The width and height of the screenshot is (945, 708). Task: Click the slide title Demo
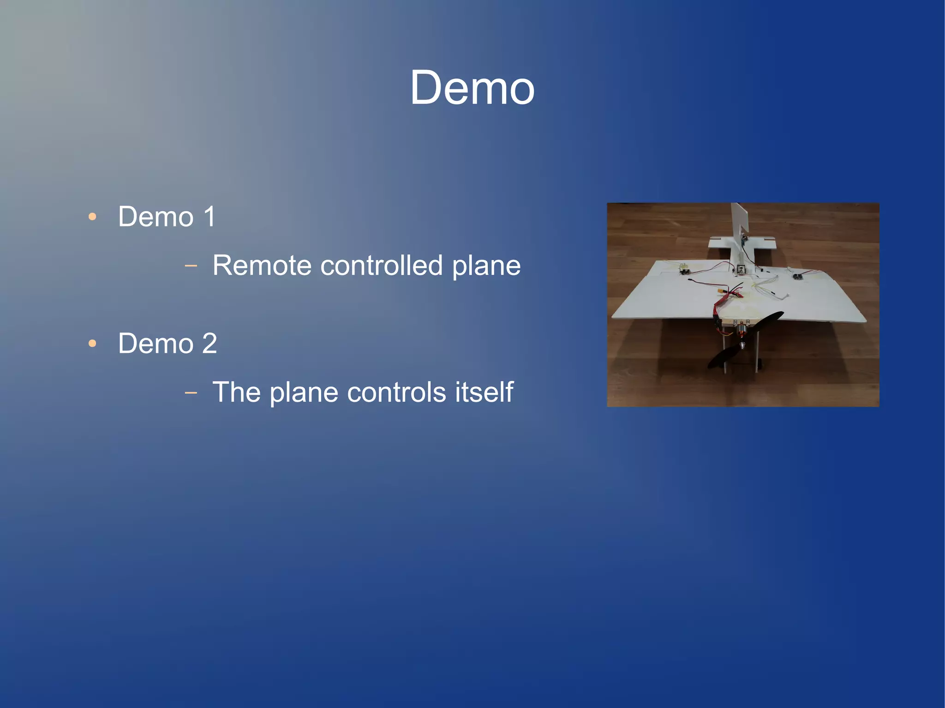coord(472,88)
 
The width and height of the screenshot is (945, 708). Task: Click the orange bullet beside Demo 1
coord(92,216)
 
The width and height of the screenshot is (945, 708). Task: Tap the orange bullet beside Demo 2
coord(92,343)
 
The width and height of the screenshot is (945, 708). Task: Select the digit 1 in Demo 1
coord(209,216)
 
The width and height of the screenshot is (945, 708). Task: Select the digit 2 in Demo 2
coord(209,343)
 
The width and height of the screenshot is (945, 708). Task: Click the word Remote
coord(262,266)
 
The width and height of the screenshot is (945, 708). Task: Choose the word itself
coord(484,392)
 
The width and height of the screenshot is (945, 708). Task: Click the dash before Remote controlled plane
coord(191,266)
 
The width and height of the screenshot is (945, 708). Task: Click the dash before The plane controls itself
coord(191,393)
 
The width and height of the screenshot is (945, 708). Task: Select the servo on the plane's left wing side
coord(683,268)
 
